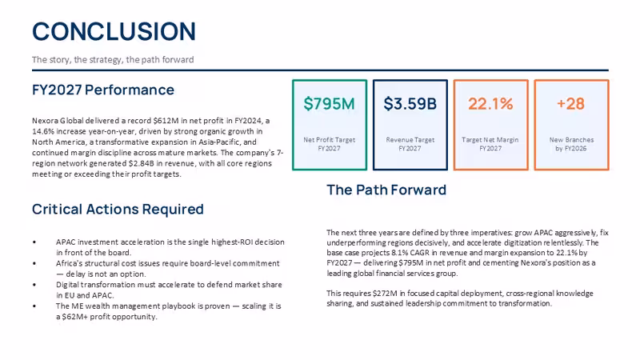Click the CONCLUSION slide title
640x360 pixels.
tap(114, 31)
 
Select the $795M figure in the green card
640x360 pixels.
tap(329, 104)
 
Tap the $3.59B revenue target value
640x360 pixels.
tap(410, 104)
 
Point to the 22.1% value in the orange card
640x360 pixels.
tap(490, 104)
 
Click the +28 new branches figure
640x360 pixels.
tap(570, 104)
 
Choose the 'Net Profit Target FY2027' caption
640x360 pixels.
tap(329, 144)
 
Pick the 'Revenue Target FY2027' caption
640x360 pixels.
tap(410, 144)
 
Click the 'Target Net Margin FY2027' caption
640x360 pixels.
tap(490, 144)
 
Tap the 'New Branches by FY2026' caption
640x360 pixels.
tap(571, 144)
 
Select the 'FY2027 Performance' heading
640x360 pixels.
tap(103, 90)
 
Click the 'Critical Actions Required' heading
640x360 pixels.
tap(118, 209)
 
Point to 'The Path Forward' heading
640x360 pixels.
tap(386, 190)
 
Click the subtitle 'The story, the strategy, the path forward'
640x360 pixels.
tap(113, 59)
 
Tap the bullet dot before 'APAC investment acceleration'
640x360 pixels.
tap(34, 242)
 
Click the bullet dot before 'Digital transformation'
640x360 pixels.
tap(34, 285)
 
